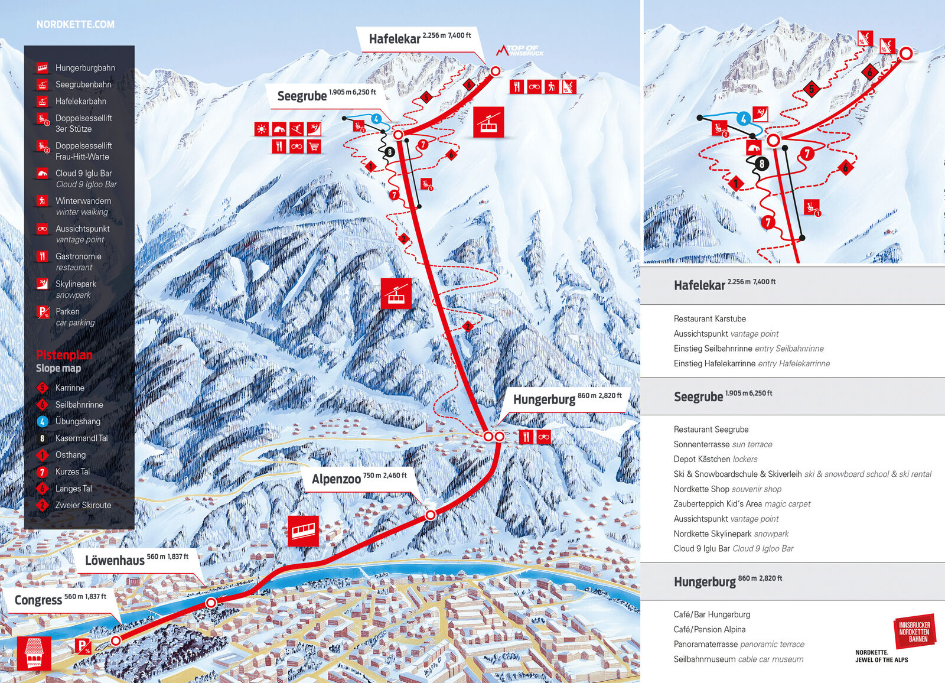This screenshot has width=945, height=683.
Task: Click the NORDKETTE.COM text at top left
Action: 76,24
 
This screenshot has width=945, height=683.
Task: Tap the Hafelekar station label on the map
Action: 395,39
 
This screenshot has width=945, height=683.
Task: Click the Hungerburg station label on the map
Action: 544,399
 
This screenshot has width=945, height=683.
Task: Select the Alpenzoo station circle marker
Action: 431,515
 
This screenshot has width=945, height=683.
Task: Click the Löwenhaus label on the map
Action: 115,560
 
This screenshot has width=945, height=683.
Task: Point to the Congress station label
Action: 38,600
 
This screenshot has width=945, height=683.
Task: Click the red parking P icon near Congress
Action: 83,646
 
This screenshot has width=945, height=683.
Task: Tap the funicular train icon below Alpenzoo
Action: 304,530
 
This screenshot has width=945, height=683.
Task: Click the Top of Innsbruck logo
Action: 520,50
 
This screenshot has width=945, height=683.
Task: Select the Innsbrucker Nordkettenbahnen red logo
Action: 914,632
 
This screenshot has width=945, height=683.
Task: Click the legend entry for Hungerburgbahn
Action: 85,68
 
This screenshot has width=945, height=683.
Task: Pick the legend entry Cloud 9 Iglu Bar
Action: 83,173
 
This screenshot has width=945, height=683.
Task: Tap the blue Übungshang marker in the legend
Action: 43,421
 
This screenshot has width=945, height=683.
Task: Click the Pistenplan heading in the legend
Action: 64,354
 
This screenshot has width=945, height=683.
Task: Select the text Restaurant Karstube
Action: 709,318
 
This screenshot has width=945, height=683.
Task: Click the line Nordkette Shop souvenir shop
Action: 727,489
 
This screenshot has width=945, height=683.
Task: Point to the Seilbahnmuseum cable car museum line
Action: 738,659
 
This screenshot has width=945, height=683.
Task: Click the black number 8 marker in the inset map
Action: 762,164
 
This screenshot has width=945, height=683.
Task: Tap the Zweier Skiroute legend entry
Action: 83,505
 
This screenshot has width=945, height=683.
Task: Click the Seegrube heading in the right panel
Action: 698,396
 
